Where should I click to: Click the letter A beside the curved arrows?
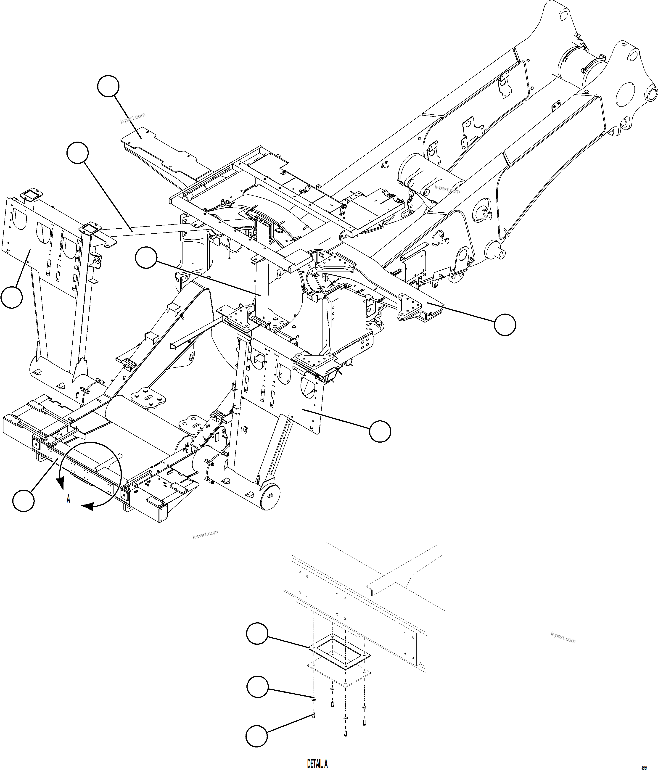(x=69, y=499)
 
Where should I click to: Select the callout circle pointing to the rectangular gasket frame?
(x=257, y=634)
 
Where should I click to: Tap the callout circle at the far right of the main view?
(x=505, y=325)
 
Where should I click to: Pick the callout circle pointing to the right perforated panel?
(x=380, y=431)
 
